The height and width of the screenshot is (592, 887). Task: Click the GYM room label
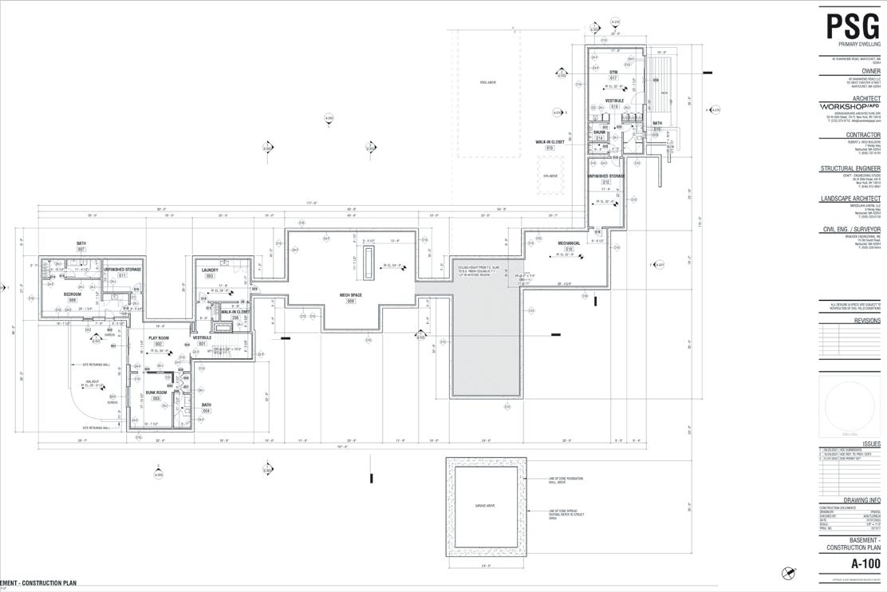click(x=614, y=71)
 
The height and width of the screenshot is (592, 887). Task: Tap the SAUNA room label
click(x=598, y=132)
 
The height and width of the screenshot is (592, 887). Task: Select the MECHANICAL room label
click(x=569, y=243)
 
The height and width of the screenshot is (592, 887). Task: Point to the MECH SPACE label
click(x=352, y=295)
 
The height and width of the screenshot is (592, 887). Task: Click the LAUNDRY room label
click(x=209, y=270)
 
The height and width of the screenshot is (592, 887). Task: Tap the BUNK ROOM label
click(x=156, y=393)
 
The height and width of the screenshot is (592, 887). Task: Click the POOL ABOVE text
click(x=488, y=82)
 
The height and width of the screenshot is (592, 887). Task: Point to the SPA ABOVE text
click(x=550, y=176)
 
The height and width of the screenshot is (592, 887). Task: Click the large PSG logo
click(x=850, y=27)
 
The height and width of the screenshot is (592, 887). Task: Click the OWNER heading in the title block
click(x=870, y=71)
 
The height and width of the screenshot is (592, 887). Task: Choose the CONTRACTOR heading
click(x=863, y=135)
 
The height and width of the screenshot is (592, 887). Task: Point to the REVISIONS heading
click(x=867, y=321)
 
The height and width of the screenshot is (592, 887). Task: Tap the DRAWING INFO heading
click(x=862, y=499)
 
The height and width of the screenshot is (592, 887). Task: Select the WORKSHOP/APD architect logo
click(x=850, y=106)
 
